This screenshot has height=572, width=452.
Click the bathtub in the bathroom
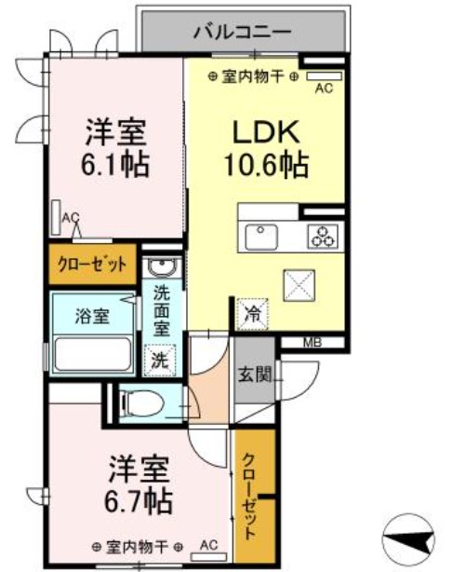[93, 355]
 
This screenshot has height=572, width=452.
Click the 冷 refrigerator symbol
[251, 314]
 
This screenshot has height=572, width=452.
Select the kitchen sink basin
[261, 238]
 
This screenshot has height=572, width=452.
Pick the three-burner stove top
[323, 237]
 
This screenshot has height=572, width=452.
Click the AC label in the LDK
[324, 89]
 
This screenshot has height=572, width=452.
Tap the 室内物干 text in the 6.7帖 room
[137, 546]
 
